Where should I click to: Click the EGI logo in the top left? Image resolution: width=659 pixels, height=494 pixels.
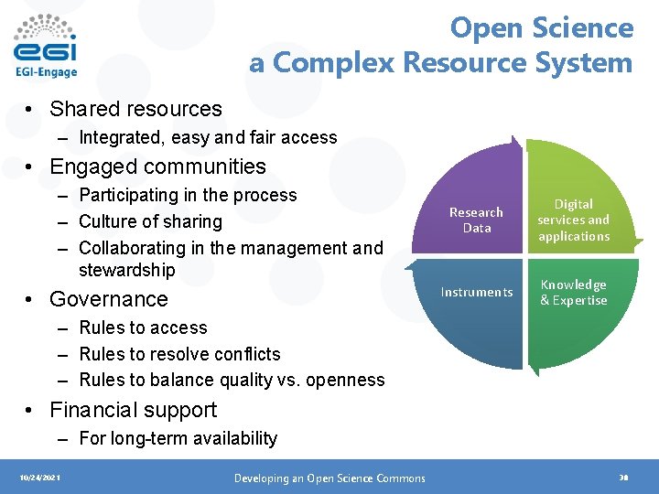46,46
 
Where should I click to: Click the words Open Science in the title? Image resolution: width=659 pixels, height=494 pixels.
541,28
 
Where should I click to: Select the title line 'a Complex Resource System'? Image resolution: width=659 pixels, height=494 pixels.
440,63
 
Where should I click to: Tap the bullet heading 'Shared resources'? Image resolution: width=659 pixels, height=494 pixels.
135,109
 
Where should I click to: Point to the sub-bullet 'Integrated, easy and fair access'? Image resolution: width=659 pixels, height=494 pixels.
208,138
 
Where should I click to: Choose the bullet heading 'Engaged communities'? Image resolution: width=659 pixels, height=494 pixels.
157,166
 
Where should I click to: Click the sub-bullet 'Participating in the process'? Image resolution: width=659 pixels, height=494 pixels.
188,195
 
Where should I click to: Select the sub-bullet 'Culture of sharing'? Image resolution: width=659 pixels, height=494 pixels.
150,221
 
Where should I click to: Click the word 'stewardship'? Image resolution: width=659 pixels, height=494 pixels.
126,270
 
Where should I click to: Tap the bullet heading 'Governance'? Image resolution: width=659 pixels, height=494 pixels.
109,299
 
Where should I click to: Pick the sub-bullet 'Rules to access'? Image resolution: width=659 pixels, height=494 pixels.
143,328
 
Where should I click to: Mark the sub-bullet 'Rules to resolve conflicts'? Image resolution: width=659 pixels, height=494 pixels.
179,354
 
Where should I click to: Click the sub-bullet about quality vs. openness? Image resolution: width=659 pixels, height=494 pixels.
232,380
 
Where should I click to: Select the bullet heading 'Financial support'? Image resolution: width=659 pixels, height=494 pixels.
134,410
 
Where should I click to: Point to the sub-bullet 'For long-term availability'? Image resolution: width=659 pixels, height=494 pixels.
178,438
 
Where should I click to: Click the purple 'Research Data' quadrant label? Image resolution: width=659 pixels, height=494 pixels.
476,220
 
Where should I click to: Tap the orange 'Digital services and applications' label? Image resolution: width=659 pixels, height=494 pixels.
573,220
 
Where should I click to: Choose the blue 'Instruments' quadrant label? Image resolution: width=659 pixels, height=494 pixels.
476,293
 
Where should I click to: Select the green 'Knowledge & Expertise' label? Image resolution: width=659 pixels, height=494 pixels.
573,293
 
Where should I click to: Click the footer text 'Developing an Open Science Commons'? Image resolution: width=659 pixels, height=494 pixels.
329,478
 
